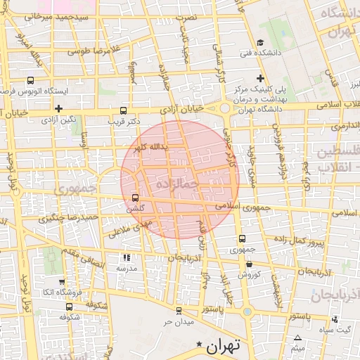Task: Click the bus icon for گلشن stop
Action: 135,198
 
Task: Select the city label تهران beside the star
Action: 224,345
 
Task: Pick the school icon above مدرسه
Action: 127,257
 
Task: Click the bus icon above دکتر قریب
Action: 124,110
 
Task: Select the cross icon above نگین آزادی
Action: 59,108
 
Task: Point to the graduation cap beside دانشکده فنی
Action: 260,41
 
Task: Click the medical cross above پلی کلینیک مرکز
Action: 260,78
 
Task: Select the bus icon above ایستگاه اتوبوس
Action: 30,80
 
